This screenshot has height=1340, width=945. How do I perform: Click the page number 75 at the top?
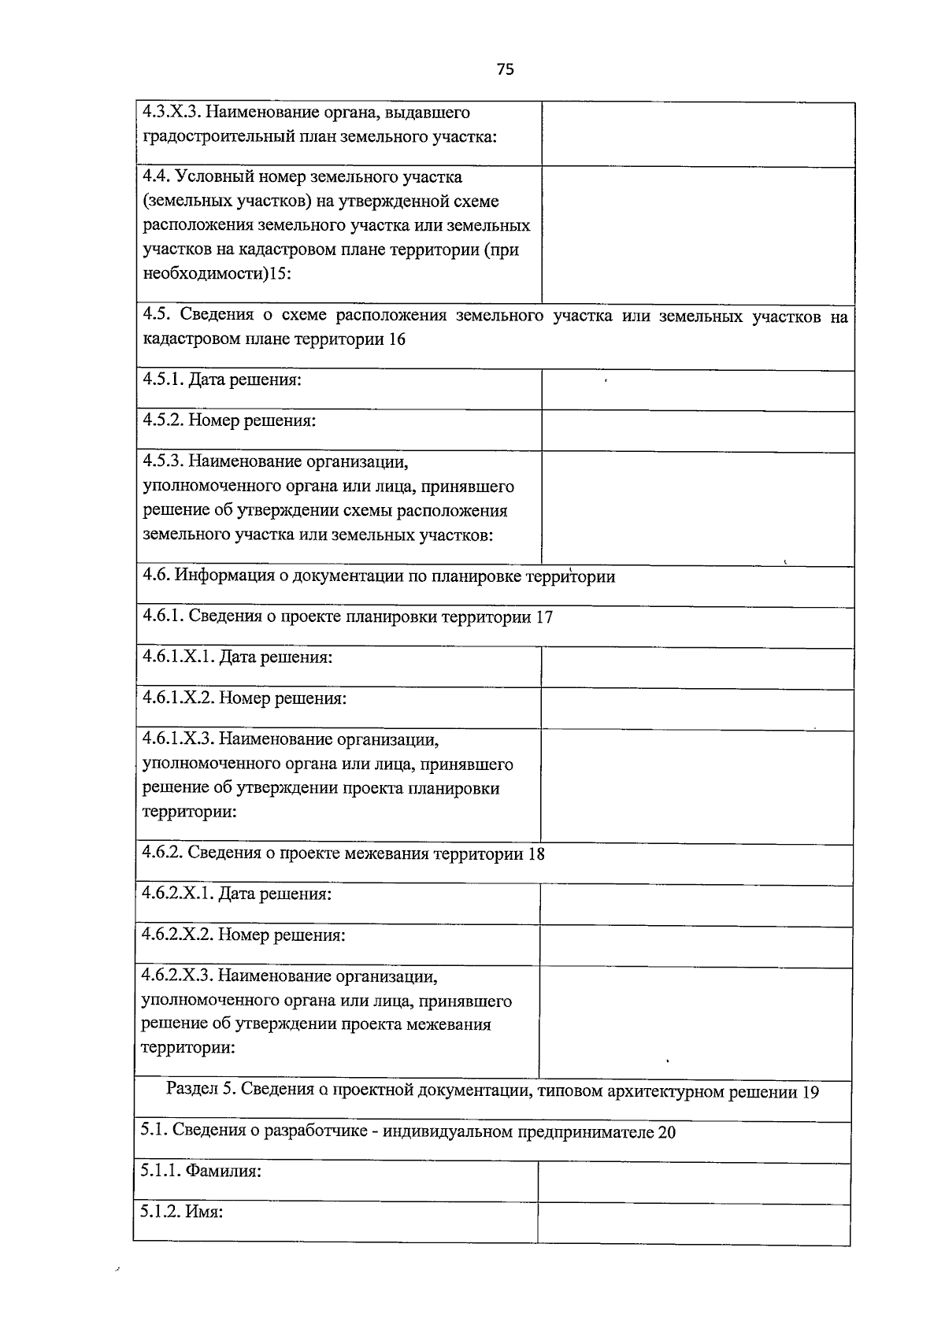click(x=506, y=69)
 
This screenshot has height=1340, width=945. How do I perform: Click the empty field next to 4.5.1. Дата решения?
click(x=698, y=390)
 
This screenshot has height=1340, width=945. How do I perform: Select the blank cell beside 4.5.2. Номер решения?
click(x=698, y=431)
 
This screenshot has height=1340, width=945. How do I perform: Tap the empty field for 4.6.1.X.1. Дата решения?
click(x=697, y=668)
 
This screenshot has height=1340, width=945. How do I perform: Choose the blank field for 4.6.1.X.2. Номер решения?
click(x=697, y=709)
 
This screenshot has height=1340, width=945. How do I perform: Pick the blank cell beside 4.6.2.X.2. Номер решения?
click(x=696, y=946)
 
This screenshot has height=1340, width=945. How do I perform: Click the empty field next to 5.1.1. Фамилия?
click(x=694, y=1183)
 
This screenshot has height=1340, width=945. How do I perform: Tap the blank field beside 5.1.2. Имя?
click(x=694, y=1223)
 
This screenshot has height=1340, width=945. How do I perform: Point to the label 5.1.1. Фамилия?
click(x=201, y=1172)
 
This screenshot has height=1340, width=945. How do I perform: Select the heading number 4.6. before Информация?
click(x=156, y=576)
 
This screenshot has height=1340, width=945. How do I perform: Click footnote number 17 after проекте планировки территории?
click(x=544, y=617)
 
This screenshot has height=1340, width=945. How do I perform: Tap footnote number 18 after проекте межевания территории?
click(x=535, y=854)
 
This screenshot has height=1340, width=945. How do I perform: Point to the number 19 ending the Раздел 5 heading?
click(x=810, y=1093)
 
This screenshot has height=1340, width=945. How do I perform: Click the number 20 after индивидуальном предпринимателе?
click(x=666, y=1133)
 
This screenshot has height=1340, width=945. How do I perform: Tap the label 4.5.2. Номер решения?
click(x=229, y=421)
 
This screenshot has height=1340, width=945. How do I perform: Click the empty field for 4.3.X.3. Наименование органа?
click(x=698, y=134)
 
